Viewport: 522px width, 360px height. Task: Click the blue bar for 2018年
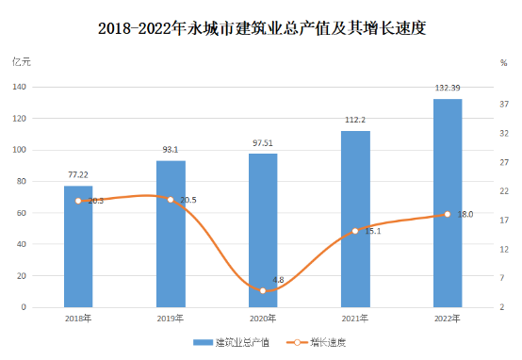pos(78,246)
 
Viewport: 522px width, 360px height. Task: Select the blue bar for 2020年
pos(263,231)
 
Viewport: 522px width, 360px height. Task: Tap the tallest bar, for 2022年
pos(448,204)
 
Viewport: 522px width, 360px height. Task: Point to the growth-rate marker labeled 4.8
pos(263,290)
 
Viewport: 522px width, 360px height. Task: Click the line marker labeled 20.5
pos(171,200)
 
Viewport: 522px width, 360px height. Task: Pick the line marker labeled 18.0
pos(448,214)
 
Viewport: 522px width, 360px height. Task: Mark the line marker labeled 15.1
pos(355,231)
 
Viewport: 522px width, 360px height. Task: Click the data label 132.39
pos(448,88)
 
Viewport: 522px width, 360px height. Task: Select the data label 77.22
pos(78,175)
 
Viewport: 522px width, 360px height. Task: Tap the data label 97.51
pos(263,143)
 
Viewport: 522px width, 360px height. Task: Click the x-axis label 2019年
pos(171,319)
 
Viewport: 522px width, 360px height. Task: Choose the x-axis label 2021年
pos(355,319)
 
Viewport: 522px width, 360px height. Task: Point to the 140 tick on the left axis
pos(19,87)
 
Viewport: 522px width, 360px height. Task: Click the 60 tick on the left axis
pos(22,213)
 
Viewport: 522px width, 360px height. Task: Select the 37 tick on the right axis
pos(504,105)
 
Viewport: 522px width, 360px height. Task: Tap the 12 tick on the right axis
pos(504,250)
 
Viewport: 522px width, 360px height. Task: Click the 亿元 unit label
pos(22,62)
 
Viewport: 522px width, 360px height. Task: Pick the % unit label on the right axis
pos(504,63)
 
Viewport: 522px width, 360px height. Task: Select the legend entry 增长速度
pos(317,342)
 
